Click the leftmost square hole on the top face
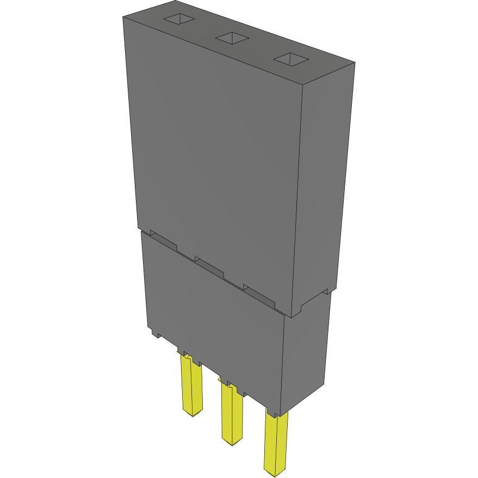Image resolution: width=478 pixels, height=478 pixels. click(179, 20)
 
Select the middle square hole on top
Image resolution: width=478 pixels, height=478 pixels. click(232, 38)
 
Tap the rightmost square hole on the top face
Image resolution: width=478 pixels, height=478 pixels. click(290, 59)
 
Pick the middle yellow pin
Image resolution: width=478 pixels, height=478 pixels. click(232, 413)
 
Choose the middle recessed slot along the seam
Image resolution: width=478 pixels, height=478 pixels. click(210, 267)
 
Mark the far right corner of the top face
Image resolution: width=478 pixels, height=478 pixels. click(356, 62)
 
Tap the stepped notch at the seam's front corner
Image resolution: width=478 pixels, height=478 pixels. click(296, 311)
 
